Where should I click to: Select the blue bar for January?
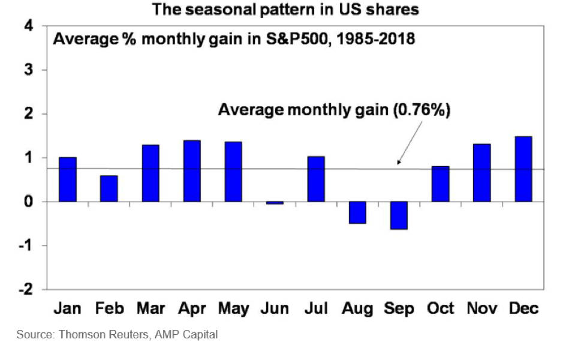[x=67, y=179]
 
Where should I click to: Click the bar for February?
[x=109, y=188]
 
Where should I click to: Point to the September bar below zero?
[x=398, y=215]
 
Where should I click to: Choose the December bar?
[x=523, y=169]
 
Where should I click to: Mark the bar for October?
[x=440, y=184]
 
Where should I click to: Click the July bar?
[x=316, y=179]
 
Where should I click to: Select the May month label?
[x=233, y=308]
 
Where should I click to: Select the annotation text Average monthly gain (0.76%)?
[x=333, y=110]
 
